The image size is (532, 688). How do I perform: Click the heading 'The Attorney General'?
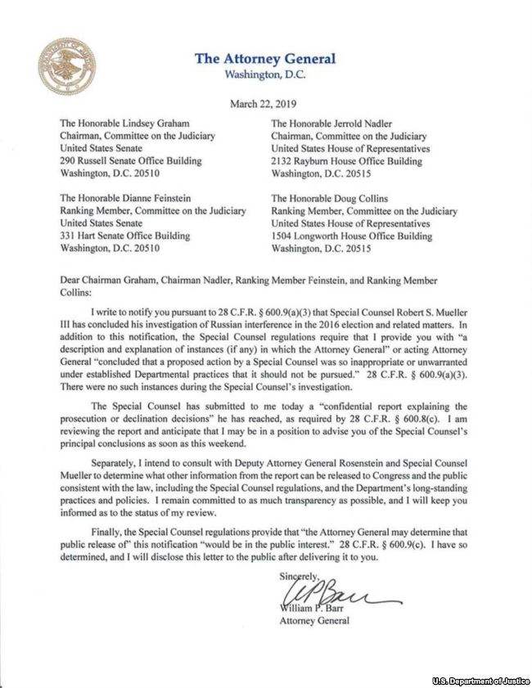click(x=265, y=59)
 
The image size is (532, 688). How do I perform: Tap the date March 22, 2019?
click(x=265, y=104)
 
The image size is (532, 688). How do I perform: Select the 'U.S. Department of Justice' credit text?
click(x=480, y=681)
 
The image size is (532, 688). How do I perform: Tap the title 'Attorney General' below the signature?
click(x=315, y=620)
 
